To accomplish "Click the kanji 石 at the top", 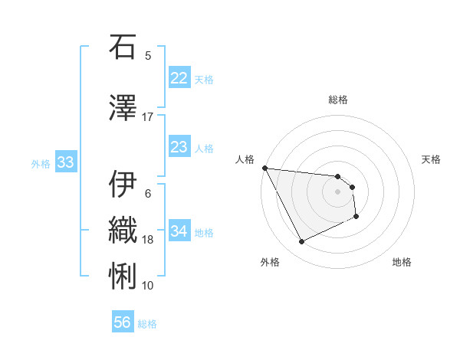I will coord(123,47).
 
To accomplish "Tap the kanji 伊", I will coord(123,184).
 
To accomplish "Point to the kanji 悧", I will coord(123,274).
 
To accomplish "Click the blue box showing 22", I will coord(179,78).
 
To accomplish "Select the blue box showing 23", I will coord(179,147).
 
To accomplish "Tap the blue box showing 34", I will coord(179,231).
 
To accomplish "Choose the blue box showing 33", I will coord(65,162).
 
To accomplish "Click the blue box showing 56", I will coord(123,322).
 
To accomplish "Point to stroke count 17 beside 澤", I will coord(148,116).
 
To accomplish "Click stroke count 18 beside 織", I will coord(148,240).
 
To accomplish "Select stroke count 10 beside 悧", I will coord(148,285).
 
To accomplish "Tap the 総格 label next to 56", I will coord(147,324).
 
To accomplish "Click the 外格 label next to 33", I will coord(41,163).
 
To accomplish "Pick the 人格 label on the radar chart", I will coord(245,159).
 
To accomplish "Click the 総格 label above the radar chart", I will coord(337,100).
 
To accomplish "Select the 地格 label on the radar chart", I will coord(402,262).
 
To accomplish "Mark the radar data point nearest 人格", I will coord(264,168).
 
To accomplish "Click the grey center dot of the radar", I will coord(337,191).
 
